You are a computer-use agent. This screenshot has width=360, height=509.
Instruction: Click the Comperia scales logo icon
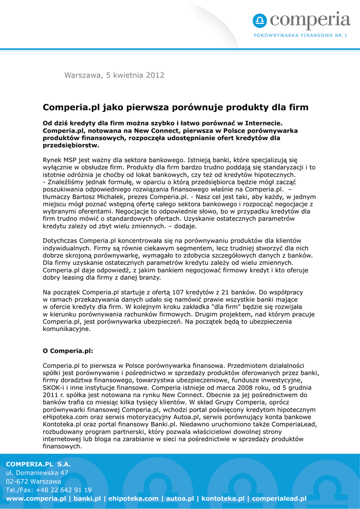[260, 21]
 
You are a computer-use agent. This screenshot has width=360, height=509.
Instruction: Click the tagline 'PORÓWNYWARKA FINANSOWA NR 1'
[300, 35]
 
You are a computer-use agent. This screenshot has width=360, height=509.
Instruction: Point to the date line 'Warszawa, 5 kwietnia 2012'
[114, 76]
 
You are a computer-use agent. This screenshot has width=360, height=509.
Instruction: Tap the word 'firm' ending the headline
[298, 107]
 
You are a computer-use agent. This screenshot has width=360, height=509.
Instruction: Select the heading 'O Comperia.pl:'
[68, 350]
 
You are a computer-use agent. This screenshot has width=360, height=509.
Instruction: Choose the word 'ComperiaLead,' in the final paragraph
[292, 424]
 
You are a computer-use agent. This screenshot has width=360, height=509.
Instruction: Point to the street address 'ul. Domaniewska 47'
[37, 473]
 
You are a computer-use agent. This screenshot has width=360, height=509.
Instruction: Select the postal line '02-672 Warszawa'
[33, 481]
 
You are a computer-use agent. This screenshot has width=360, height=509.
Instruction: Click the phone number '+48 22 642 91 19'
[63, 490]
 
